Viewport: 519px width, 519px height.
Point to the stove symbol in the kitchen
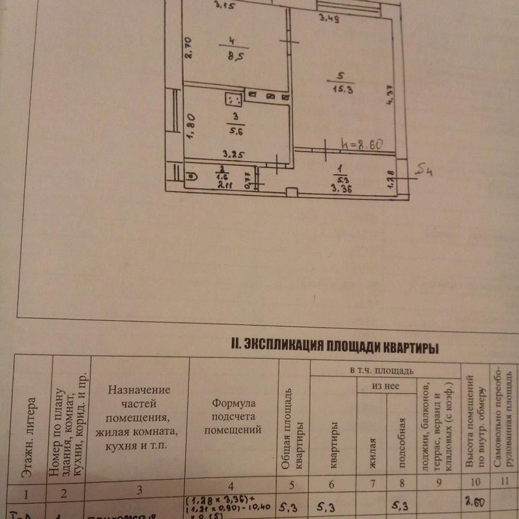point(234,99)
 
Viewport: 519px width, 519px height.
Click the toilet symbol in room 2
point(190,177)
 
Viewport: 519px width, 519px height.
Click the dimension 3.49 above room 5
point(329,19)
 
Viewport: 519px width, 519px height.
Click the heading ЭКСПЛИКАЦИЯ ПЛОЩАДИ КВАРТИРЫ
point(334,347)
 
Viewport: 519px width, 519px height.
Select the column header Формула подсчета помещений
point(233,416)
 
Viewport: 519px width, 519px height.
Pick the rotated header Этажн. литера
point(29,438)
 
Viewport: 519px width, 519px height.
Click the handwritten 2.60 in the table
point(475,502)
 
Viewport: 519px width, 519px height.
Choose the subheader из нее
point(385,386)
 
